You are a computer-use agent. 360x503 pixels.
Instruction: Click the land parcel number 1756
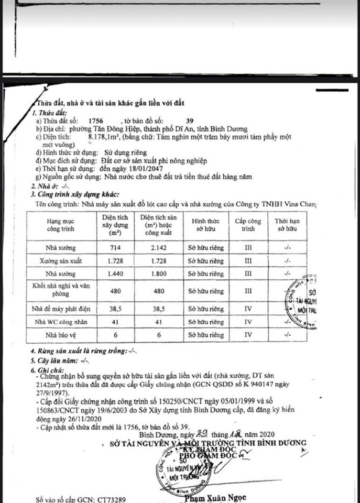point(97,121)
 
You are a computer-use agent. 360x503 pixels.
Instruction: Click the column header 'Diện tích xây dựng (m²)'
point(114,226)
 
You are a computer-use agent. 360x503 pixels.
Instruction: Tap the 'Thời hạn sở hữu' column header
point(287,226)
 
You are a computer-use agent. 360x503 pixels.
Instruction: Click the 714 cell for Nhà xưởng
point(114,247)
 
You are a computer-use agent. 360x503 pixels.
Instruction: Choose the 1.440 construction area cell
point(114,274)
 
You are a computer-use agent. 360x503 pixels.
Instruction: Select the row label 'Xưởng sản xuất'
point(61,260)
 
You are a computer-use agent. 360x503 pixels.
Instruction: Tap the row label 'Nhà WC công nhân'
point(61,321)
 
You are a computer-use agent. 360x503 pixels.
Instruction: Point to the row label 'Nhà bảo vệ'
point(61,334)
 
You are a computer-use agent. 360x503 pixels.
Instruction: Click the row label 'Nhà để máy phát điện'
point(61,308)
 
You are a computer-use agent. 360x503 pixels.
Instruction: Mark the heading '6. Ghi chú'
point(50,370)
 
